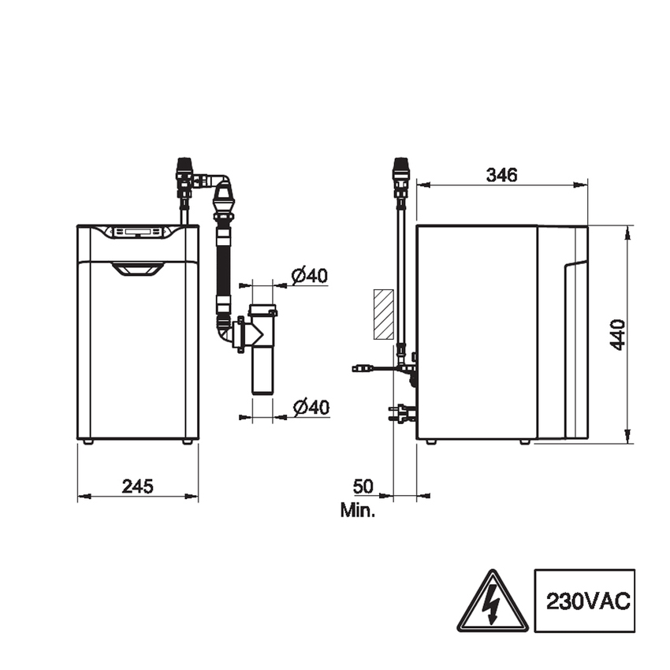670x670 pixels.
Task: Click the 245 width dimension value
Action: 138,486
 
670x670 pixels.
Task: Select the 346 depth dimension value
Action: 501,175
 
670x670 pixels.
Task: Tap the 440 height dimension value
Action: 617,334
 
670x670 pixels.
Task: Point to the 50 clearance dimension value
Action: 363,486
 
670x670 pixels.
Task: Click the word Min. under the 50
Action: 358,510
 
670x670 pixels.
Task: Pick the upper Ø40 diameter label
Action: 310,276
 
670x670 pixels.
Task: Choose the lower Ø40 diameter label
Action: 311,408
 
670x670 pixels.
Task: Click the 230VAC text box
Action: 585,601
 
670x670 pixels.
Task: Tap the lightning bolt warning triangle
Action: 493,601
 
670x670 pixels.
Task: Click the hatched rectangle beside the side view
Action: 384,314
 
